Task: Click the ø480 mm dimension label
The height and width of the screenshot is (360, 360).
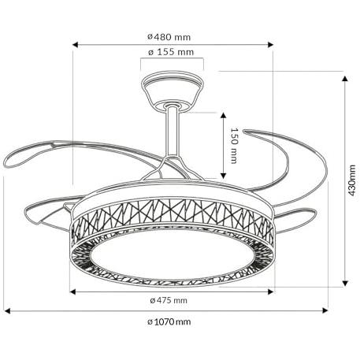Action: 169,37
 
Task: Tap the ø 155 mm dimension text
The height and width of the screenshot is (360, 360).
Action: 171,52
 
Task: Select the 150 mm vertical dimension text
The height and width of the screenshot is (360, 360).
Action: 234,146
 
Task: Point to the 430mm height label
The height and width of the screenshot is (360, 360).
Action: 351,180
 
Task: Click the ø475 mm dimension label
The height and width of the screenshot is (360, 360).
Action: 169,300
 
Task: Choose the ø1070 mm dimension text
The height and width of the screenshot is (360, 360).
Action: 169,321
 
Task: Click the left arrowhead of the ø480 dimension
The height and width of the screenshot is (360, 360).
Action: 76,45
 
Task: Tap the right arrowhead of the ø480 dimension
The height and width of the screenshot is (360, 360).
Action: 270,45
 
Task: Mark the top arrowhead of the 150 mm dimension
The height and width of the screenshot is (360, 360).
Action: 223,116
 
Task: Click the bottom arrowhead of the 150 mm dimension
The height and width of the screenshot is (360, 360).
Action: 223,176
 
